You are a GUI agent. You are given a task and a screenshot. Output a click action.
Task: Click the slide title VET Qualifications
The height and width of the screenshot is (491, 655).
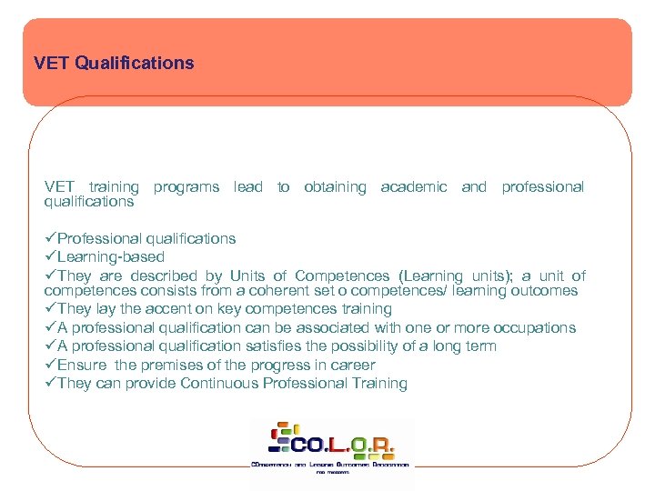point(114,64)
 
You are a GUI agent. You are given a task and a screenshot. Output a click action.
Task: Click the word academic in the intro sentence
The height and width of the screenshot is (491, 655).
point(414,186)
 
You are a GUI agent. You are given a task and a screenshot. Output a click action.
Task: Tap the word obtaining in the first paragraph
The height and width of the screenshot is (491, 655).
point(335,186)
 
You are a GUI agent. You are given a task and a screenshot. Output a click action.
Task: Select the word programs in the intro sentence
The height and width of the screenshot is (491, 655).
point(186,186)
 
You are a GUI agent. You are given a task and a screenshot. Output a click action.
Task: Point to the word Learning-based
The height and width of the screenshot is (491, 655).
point(111,257)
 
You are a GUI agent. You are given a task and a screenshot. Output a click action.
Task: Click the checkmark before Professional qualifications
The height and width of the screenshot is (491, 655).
point(50,238)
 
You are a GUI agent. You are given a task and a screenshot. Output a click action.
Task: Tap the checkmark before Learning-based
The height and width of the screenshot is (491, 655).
point(50,257)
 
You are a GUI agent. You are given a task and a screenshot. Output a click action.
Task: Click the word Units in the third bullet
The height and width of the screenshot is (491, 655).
point(247,276)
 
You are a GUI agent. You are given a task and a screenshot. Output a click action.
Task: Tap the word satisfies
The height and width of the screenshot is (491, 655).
point(277,346)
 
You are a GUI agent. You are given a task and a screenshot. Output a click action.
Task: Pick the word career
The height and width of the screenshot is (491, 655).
point(353,365)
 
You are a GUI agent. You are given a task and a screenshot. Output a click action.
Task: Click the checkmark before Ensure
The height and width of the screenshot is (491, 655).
point(50,365)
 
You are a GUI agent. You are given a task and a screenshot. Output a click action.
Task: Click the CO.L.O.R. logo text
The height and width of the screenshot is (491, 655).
point(341,445)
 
